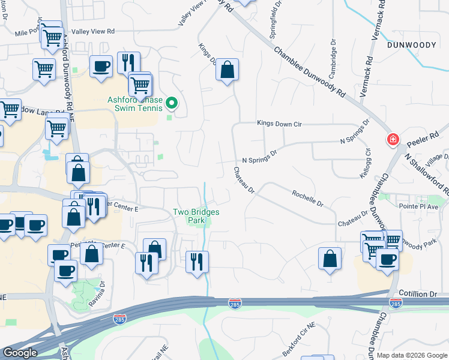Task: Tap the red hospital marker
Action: (393, 140)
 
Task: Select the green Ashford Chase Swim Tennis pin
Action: (172, 104)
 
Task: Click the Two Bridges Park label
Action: (196, 216)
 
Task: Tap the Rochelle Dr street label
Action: (307, 199)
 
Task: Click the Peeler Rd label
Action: (420, 143)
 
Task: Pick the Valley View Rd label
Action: (92, 31)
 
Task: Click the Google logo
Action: (20, 353)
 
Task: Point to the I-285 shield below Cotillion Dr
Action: (394, 305)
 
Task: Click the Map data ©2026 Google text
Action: (411, 355)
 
